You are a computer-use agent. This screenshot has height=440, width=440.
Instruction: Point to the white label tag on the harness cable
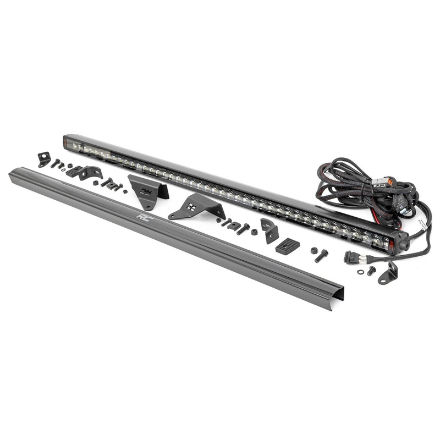420,224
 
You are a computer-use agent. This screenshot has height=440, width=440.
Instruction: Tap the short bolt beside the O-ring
371,271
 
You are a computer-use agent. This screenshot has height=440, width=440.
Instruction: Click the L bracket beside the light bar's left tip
44,159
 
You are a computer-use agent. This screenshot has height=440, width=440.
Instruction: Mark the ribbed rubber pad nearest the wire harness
288,246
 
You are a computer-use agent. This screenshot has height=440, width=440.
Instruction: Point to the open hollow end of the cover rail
337,298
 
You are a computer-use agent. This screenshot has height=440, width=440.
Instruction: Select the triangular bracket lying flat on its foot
197,207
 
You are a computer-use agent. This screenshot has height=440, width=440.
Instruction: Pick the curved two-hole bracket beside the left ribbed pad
91,173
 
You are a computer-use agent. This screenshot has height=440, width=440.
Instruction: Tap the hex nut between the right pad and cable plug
315,250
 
